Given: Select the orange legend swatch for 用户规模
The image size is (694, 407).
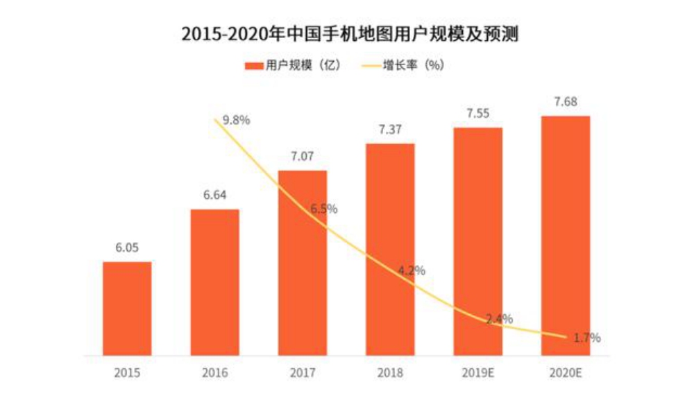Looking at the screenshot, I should [x=253, y=66].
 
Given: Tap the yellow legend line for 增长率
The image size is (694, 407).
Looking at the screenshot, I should [x=371, y=66].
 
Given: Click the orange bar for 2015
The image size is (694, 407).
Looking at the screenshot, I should [x=127, y=309].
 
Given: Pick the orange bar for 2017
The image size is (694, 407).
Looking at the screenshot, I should [x=303, y=263].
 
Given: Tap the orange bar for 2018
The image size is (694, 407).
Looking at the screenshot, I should [x=390, y=250].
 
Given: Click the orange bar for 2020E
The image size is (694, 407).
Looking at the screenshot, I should [x=566, y=236].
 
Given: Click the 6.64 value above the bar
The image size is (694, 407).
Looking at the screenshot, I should [x=214, y=197].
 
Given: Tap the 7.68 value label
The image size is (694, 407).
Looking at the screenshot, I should [x=566, y=103].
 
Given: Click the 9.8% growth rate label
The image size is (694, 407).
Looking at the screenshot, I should [x=237, y=119].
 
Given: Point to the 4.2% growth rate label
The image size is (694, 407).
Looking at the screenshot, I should [x=412, y=270].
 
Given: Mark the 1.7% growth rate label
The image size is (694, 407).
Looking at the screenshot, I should [x=587, y=338].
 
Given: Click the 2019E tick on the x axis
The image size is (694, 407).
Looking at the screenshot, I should [x=477, y=372].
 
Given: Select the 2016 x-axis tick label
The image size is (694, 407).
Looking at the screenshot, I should [x=214, y=372].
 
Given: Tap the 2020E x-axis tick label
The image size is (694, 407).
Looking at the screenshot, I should [x=566, y=372].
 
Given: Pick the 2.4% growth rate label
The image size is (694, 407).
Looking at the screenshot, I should [x=499, y=319].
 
